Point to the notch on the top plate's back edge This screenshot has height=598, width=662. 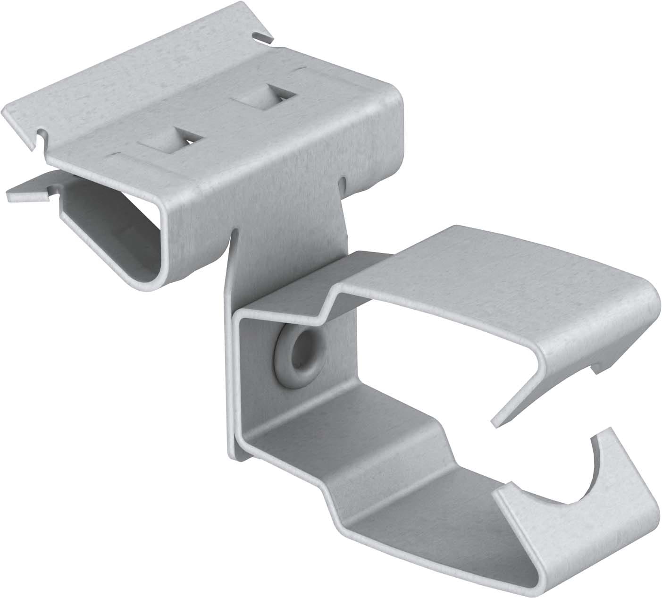click(x=259, y=36)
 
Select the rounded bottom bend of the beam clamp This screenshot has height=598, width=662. click(x=146, y=278)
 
